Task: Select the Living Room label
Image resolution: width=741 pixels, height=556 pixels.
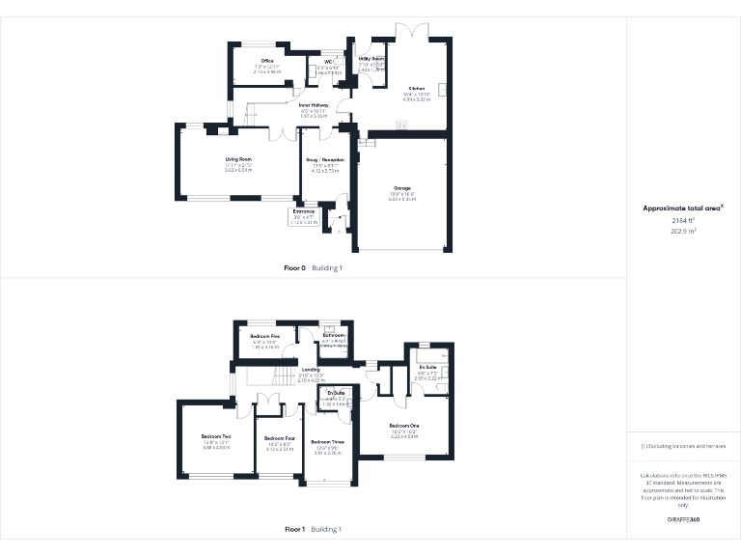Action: tap(238, 158)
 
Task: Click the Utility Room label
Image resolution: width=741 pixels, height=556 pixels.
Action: tap(371, 59)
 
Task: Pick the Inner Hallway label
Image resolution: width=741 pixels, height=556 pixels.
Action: tap(315, 104)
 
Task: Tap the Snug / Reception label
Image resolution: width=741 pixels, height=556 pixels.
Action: tap(326, 159)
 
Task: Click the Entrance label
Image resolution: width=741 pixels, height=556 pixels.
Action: tap(304, 210)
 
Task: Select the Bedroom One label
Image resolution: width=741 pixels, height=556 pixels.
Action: tap(404, 425)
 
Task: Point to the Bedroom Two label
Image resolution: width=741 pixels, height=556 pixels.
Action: tap(215, 436)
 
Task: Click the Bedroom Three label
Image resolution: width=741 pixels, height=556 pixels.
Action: tap(327, 441)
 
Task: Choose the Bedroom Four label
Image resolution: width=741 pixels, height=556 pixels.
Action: tap(279, 436)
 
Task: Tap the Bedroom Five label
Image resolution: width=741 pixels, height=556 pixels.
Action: tap(264, 335)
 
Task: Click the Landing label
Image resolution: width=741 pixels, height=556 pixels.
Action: tap(311, 369)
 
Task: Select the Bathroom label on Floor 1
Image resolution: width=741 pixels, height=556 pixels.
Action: tap(333, 335)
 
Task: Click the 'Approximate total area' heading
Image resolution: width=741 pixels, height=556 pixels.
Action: tap(681, 208)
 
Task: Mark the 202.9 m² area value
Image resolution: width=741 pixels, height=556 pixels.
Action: tap(683, 231)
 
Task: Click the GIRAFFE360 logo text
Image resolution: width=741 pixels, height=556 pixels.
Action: tap(682, 519)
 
